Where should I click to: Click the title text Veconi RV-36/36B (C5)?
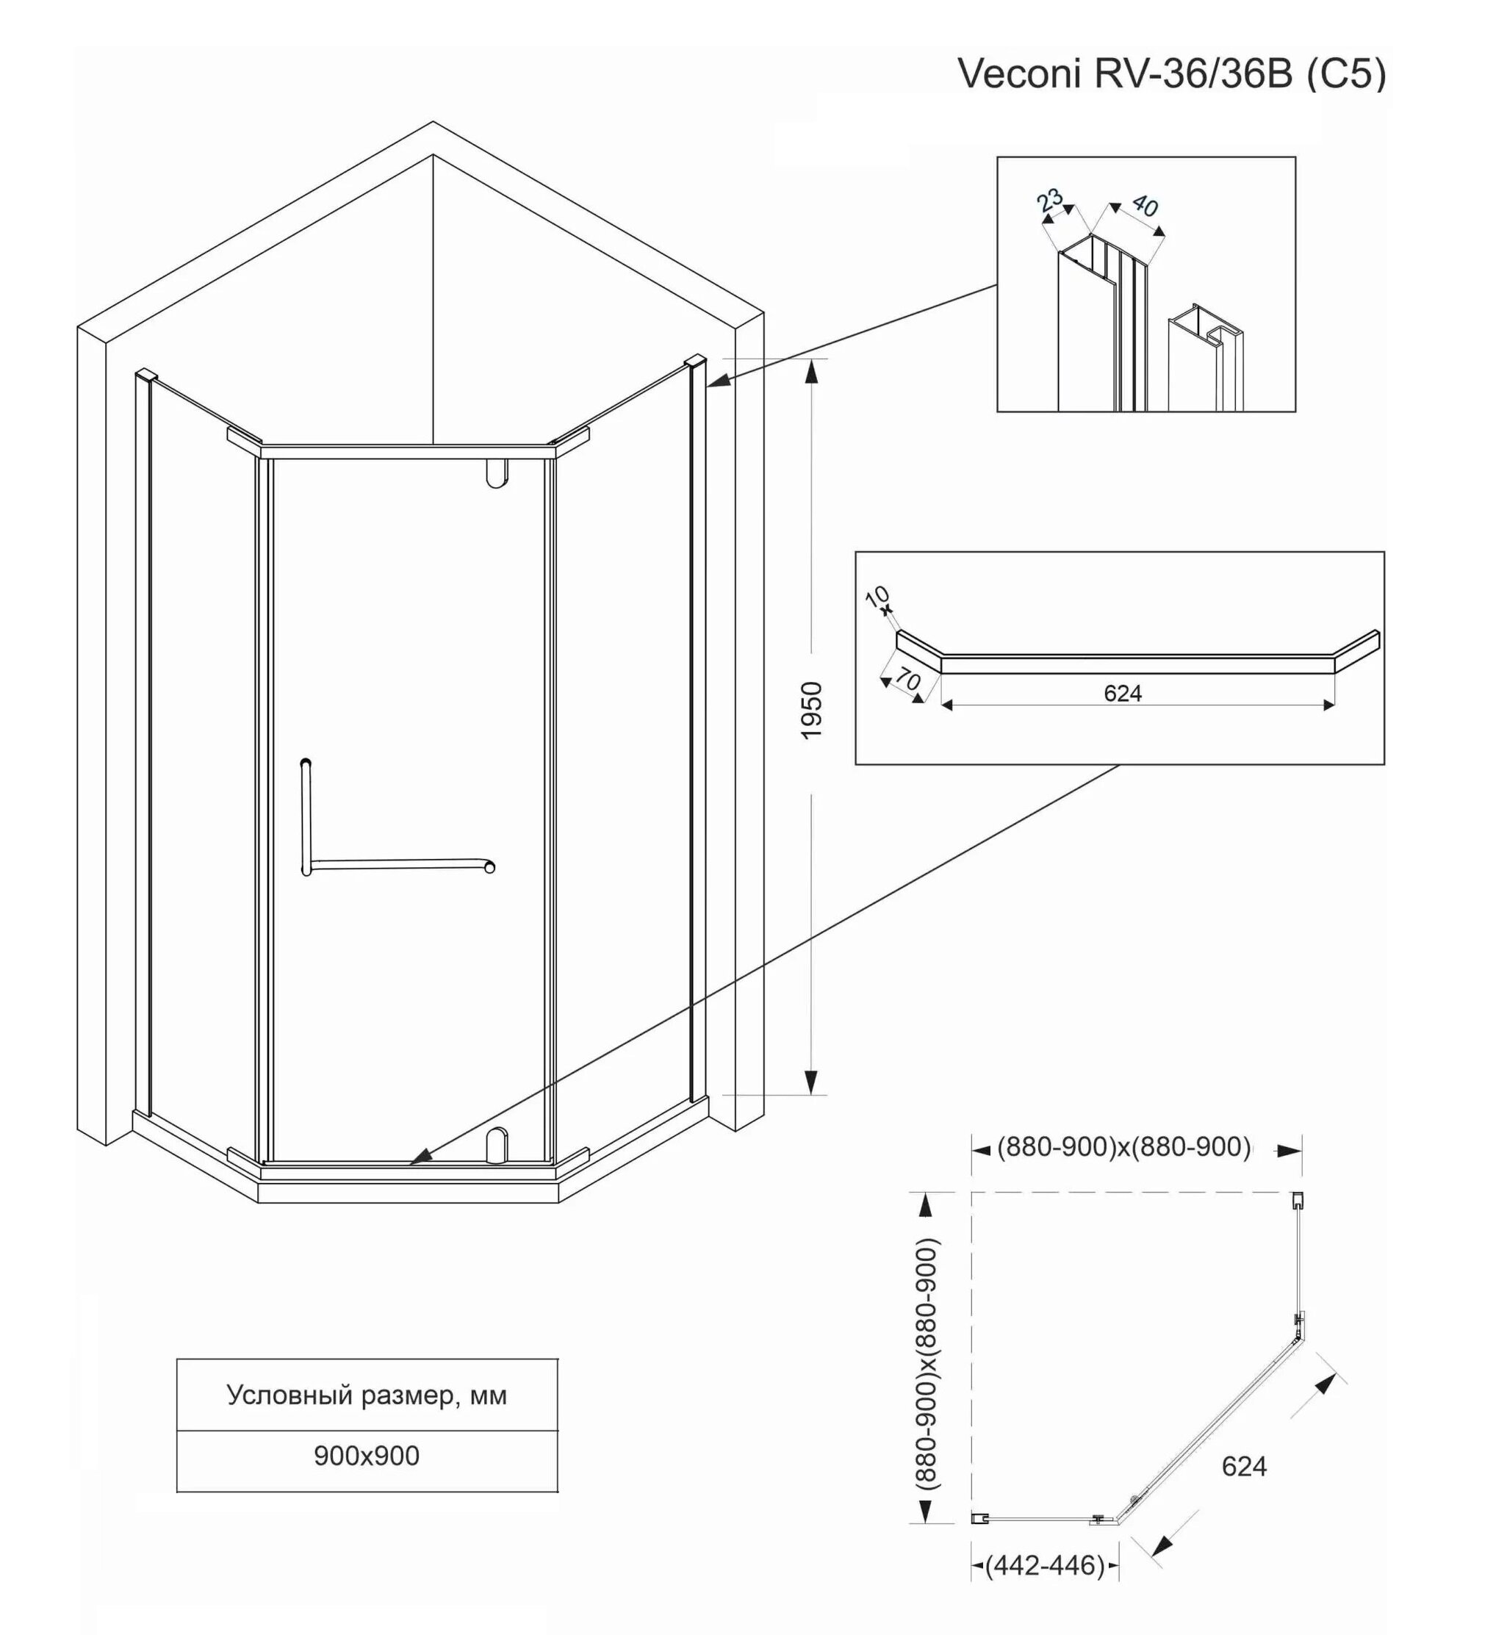click(x=1172, y=74)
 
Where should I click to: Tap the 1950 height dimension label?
click(x=812, y=711)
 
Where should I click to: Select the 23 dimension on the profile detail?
click(x=1050, y=200)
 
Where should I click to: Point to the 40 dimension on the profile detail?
click(x=1145, y=206)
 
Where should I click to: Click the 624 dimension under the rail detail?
click(x=1122, y=693)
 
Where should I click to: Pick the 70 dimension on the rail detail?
click(x=907, y=678)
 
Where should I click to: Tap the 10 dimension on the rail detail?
click(x=877, y=597)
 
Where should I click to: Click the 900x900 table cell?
click(x=367, y=1456)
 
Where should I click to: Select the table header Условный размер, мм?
click(x=367, y=1395)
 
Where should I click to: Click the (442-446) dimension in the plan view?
click(x=1045, y=1566)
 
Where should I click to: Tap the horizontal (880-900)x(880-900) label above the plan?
click(x=1123, y=1147)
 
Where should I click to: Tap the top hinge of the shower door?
click(x=497, y=474)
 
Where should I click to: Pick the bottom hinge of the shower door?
click(x=497, y=1145)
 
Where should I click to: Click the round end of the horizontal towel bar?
click(x=489, y=868)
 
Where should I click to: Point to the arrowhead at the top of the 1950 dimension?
click(x=810, y=370)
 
